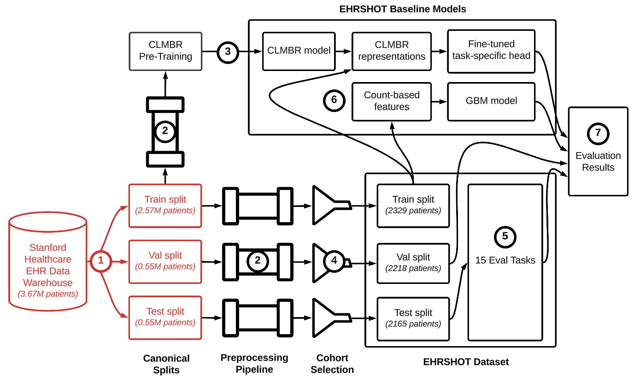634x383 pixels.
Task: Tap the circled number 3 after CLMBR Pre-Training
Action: pyautogui.click(x=228, y=51)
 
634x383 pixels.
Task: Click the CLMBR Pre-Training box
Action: pyautogui.click(x=166, y=51)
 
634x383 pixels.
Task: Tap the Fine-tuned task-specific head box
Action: pyautogui.click(x=491, y=51)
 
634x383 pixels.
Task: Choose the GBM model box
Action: pyautogui.click(x=491, y=100)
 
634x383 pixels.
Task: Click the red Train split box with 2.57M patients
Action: pyautogui.click(x=165, y=205)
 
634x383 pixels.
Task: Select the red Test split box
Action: pyautogui.click(x=165, y=317)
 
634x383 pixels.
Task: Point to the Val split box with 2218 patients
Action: pyautogui.click(x=413, y=262)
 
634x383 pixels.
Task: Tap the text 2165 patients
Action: pyautogui.click(x=413, y=324)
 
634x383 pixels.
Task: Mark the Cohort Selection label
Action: pyautogui.click(x=332, y=364)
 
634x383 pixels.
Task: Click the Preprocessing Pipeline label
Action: pyautogui.click(x=254, y=363)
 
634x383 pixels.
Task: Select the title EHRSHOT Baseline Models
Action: pyautogui.click(x=402, y=8)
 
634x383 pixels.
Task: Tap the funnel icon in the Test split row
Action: pyautogui.click(x=329, y=317)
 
